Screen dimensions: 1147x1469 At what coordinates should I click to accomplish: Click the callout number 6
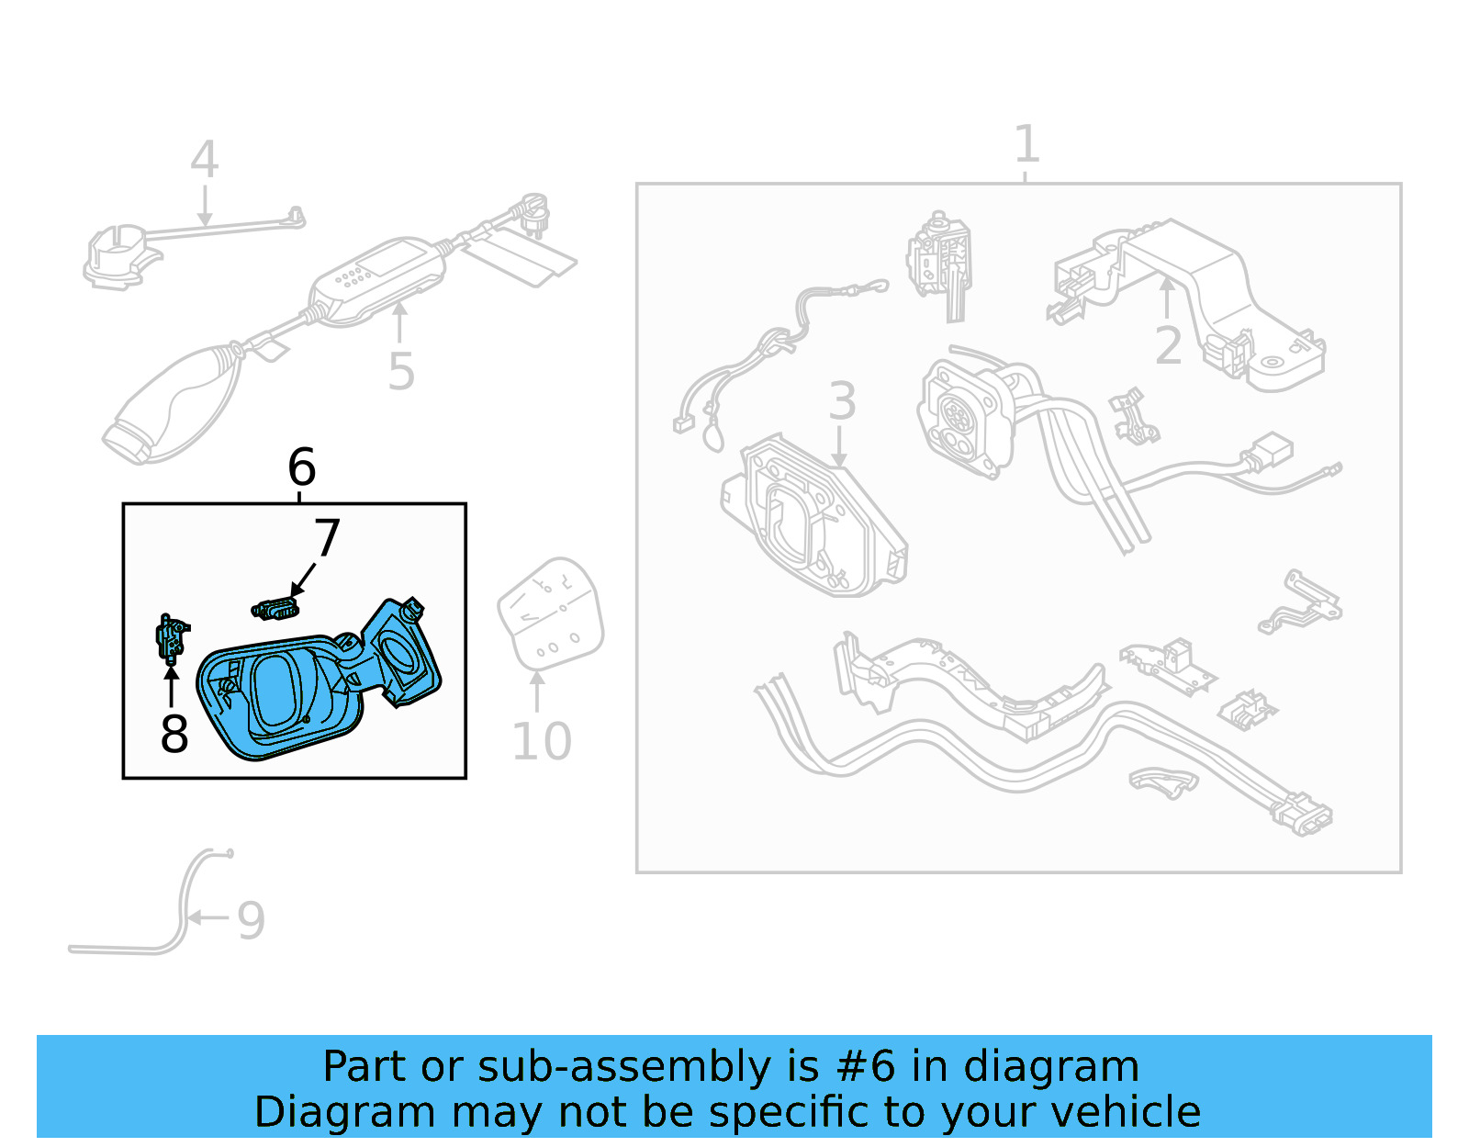[x=301, y=467]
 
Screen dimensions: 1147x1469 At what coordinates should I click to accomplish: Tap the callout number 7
[x=327, y=538]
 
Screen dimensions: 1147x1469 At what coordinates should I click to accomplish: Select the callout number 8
[x=174, y=733]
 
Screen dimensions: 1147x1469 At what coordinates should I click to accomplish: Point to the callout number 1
[x=1026, y=144]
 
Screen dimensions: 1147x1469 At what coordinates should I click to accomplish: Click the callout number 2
[x=1168, y=346]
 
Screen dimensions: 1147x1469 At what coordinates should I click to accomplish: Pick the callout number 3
[x=841, y=401]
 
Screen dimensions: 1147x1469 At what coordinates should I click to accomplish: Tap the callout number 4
[x=204, y=160]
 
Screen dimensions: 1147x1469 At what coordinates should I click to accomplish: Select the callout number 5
[x=401, y=371]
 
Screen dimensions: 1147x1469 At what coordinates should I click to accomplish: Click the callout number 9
[x=251, y=920]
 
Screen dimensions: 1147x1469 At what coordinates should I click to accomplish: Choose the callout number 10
[x=541, y=742]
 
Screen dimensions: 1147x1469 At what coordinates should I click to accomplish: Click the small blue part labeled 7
[x=275, y=608]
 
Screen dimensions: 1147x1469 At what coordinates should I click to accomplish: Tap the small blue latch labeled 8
[x=171, y=637]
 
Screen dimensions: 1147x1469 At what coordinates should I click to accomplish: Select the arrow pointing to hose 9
[x=209, y=916]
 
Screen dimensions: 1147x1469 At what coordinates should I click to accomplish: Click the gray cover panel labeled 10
[x=551, y=613]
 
